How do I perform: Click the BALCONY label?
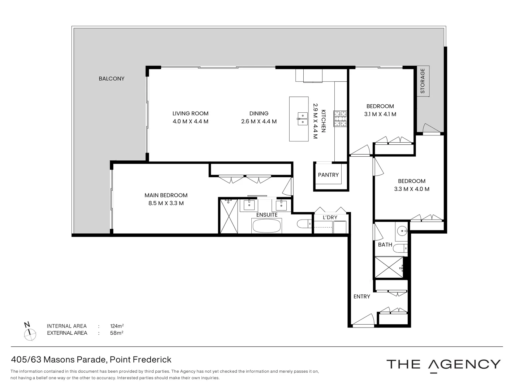click(x=112, y=79)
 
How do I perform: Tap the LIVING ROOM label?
click(x=190, y=113)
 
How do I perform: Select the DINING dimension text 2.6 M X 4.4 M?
click(x=259, y=122)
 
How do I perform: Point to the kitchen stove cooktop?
click(x=339, y=119)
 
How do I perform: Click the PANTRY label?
click(x=328, y=175)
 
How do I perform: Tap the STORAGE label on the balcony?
click(x=422, y=81)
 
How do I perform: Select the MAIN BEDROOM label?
click(x=166, y=195)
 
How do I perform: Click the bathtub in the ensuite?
click(x=266, y=226)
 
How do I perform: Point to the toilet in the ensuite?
click(x=304, y=224)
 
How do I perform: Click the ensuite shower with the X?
click(x=229, y=216)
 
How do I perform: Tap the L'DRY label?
click(x=330, y=217)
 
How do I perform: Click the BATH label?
click(x=385, y=245)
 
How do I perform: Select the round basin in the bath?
click(x=402, y=230)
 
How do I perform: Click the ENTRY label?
click(x=361, y=296)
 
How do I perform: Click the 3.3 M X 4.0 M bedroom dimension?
click(x=412, y=189)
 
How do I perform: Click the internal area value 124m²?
click(x=117, y=326)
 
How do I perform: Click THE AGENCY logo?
click(x=443, y=364)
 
